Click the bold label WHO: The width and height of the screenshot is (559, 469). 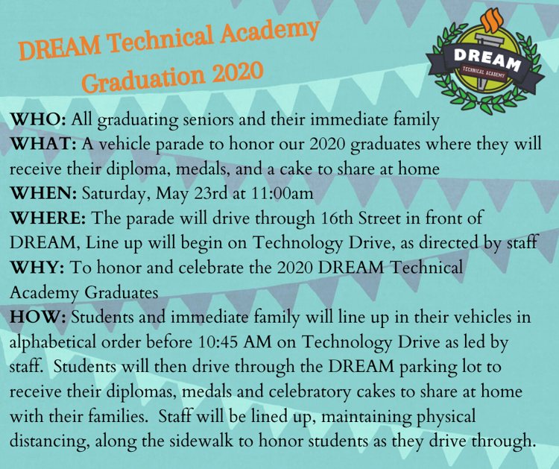pos(38,120)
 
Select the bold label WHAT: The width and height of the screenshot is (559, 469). pos(43,145)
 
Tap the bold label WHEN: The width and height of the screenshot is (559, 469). pos(43,194)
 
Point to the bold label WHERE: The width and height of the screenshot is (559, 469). pos(48,218)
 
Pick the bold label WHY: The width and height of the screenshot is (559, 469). pos(37,268)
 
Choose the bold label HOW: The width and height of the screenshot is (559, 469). pos(38,317)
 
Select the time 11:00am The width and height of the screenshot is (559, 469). pos(282,194)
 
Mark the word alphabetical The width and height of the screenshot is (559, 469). pos(53,342)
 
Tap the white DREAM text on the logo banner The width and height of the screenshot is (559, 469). pos(487,59)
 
